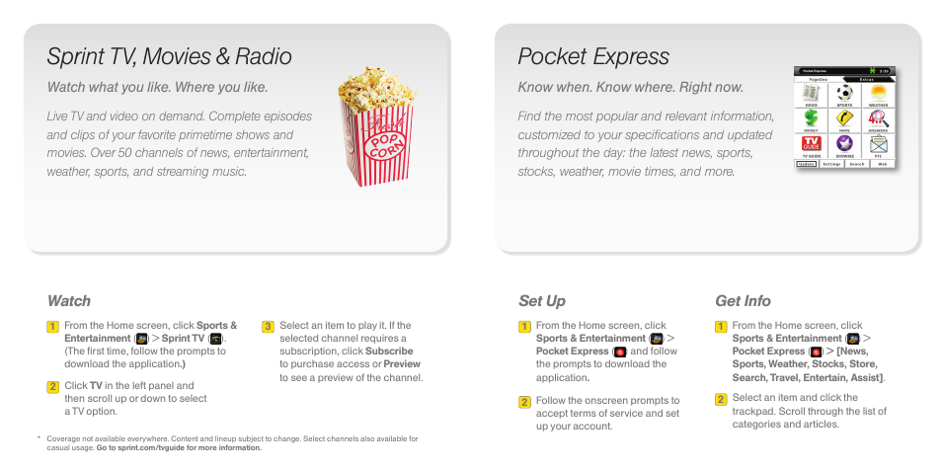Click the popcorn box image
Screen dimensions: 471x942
[377, 125]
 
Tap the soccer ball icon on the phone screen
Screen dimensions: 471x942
[844, 93]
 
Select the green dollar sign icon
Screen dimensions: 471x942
[811, 118]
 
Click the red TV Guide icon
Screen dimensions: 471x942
[811, 144]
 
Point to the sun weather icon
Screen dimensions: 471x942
[878, 93]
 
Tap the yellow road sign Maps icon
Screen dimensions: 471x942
[844, 118]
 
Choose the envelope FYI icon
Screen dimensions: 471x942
[878, 144]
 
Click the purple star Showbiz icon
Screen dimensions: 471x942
[844, 144]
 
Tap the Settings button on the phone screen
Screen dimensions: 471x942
[831, 164]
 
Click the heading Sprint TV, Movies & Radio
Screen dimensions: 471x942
[169, 56]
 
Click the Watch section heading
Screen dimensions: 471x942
[69, 301]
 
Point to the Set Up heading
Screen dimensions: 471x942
[542, 301]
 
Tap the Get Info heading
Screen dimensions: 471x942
[743, 301]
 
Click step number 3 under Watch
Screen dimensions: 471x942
[268, 327]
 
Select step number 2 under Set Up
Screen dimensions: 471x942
[525, 402]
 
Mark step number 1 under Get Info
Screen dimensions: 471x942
[721, 327]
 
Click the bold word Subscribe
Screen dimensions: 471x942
[389, 352]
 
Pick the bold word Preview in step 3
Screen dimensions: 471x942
[402, 364]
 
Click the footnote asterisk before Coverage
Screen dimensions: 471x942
[39, 438]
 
